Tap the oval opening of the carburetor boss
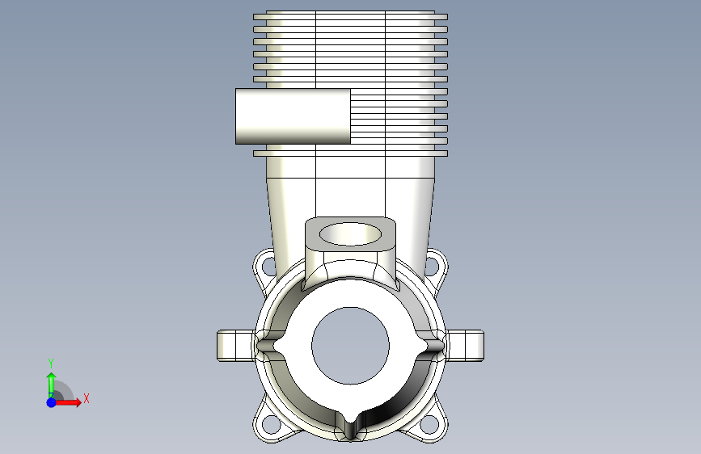click(x=350, y=234)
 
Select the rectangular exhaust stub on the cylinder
click(x=293, y=116)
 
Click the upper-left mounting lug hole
click(x=268, y=266)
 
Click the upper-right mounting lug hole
click(x=432, y=266)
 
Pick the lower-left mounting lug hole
click(x=269, y=424)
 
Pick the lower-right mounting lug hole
click(x=430, y=424)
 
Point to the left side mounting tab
click(x=235, y=346)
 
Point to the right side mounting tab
click(x=466, y=346)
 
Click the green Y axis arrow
click(x=52, y=385)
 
